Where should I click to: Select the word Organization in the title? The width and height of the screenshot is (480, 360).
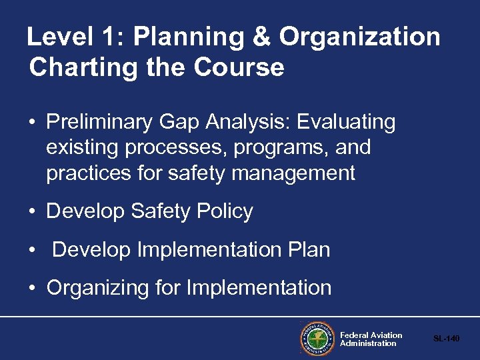click(359, 37)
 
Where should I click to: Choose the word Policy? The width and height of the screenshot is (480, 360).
click(225, 211)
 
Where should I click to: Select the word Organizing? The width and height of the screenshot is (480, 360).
click(97, 288)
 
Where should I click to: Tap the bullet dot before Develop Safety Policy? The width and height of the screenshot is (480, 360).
click(32, 212)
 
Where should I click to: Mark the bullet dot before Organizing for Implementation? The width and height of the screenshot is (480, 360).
click(32, 289)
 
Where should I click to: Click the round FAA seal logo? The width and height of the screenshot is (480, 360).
click(316, 339)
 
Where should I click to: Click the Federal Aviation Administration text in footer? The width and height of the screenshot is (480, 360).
click(371, 339)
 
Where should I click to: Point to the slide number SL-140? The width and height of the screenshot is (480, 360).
click(446, 339)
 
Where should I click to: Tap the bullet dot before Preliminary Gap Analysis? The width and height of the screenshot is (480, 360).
click(32, 123)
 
